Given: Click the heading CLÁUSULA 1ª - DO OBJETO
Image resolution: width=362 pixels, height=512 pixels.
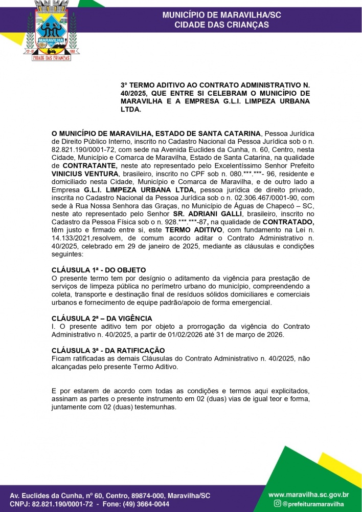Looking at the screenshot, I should [99, 270].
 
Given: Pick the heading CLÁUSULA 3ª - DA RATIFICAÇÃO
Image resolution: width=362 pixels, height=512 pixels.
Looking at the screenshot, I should [108, 350].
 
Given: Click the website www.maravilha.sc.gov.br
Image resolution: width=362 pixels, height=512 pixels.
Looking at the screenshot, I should [309, 495].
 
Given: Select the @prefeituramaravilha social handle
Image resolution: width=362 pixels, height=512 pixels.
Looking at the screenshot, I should [315, 504].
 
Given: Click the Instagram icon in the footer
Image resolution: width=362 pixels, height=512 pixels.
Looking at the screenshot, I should [278, 504].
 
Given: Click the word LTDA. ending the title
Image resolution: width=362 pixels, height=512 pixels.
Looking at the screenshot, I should [130, 110].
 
